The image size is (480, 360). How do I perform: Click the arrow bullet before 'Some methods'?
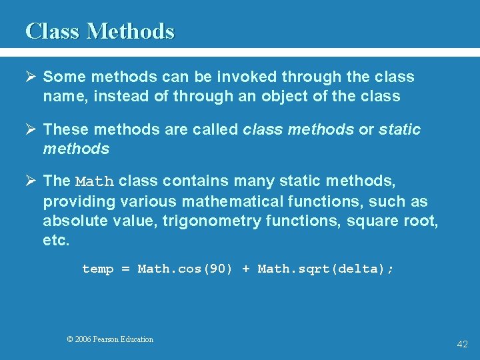(x=31, y=77)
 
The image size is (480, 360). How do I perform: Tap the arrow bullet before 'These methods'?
(x=31, y=129)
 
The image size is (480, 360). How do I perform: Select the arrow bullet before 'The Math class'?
(x=31, y=181)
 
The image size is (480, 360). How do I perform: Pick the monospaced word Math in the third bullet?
(x=95, y=182)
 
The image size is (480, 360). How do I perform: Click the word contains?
(x=189, y=181)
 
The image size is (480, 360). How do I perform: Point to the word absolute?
(x=71, y=221)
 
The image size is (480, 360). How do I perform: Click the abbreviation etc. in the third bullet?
(x=56, y=240)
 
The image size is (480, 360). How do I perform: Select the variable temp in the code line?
(x=98, y=269)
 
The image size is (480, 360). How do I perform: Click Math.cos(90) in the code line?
(x=185, y=269)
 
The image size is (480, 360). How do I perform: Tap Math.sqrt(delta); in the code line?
(x=326, y=269)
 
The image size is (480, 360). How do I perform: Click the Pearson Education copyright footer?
(x=110, y=339)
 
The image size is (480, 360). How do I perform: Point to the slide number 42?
(x=462, y=344)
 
